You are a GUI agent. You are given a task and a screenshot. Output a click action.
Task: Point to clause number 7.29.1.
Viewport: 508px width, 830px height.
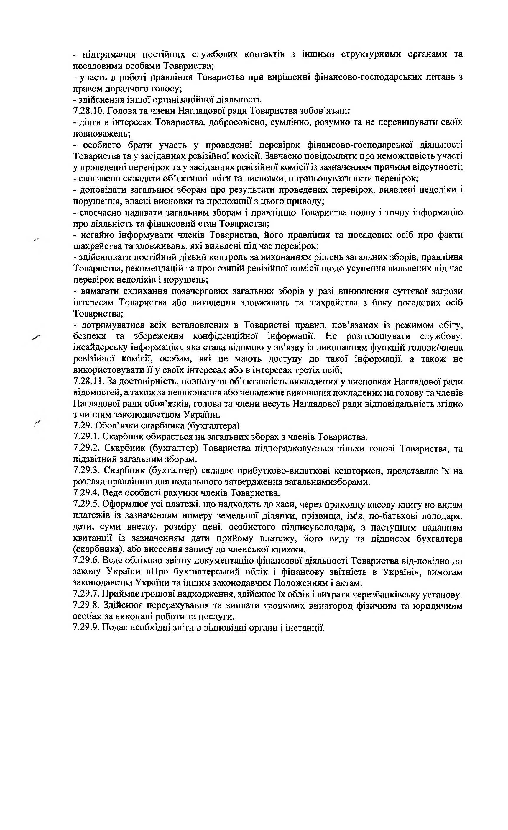[86, 437]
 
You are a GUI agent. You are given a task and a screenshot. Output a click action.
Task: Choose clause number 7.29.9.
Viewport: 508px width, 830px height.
[86, 628]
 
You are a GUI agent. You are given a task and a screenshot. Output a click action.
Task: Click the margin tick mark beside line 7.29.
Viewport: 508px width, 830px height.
[38, 423]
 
